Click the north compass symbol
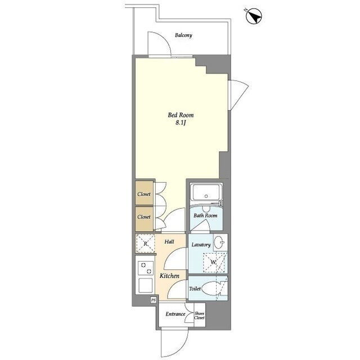pos(254,16)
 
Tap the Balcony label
pos(183,35)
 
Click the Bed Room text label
pos(181,115)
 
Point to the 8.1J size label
pos(181,123)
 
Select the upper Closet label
pos(144,194)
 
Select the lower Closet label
pos(144,217)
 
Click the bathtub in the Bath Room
pos(206,192)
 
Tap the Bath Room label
pos(205,215)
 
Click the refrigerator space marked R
pos(145,244)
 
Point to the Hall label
pos(169,241)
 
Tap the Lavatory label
pos(201,245)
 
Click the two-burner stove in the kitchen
pos(146,268)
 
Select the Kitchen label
pos(169,276)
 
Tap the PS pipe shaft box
pos(154,300)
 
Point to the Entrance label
pos(175,314)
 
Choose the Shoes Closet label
pos(199,316)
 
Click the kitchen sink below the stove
pos(145,285)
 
